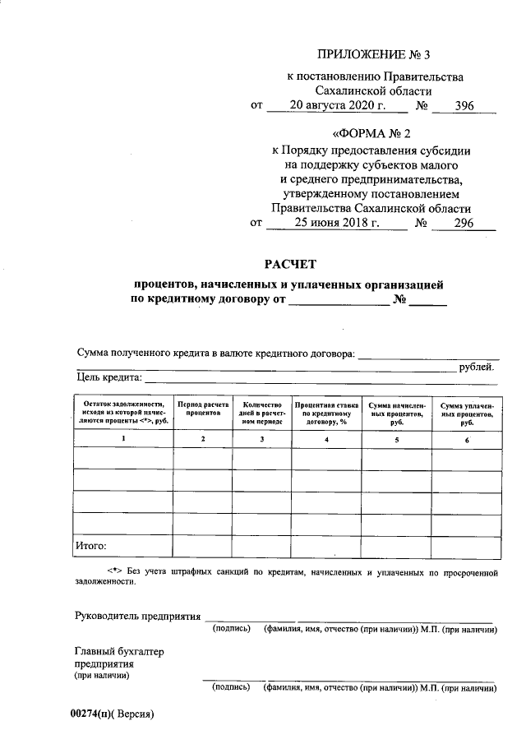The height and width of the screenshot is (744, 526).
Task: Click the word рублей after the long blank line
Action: pos(478,367)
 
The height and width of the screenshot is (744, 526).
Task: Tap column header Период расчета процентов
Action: pos(202,409)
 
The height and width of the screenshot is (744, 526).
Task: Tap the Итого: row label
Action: pos(91,544)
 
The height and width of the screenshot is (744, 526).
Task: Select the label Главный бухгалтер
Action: pos(119,652)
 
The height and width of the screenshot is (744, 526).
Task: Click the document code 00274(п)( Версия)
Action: pos(112,714)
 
